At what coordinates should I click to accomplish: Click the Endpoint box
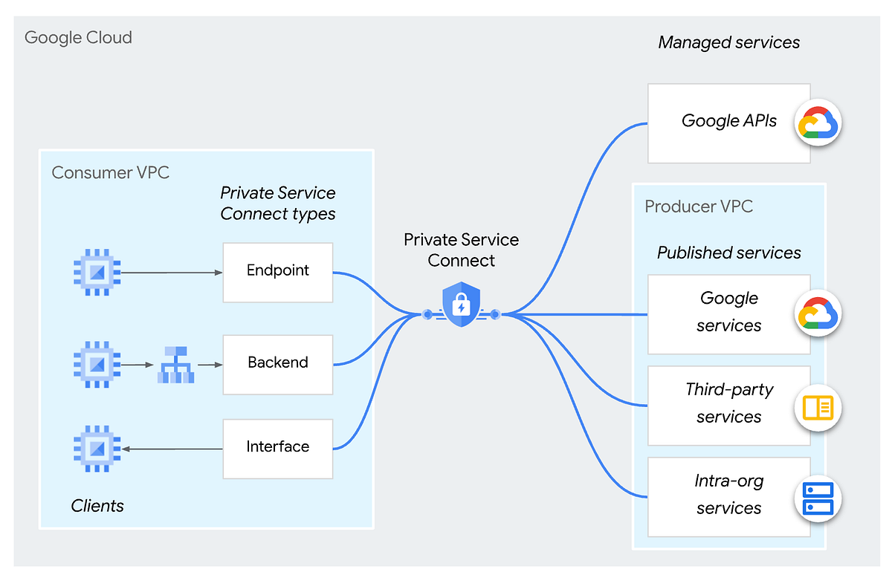coord(277,272)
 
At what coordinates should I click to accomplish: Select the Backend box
coord(277,365)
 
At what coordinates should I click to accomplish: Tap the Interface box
coord(277,449)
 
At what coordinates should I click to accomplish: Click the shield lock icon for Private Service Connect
coord(461,305)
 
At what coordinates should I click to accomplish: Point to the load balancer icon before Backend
coord(175,365)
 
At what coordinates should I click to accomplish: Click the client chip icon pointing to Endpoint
coord(97,272)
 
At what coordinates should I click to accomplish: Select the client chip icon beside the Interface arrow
coord(97,449)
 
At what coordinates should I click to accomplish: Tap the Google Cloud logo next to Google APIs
coord(818,123)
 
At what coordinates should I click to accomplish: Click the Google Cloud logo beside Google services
coord(818,313)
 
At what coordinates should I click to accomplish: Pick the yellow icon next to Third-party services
coord(818,408)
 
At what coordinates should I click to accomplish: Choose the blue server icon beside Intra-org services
coord(818,498)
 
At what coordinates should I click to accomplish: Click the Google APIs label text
coord(728,121)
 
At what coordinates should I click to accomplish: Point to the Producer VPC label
coord(699,206)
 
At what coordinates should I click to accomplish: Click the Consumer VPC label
coord(110,172)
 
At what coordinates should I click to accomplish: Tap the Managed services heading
coord(728,42)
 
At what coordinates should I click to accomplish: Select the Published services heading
coord(728,253)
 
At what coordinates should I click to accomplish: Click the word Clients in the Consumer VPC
coord(97,506)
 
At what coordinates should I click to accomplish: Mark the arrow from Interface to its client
coord(172,449)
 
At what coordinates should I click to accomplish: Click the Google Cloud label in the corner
coord(78,38)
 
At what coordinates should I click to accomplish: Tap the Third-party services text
coord(728,403)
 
